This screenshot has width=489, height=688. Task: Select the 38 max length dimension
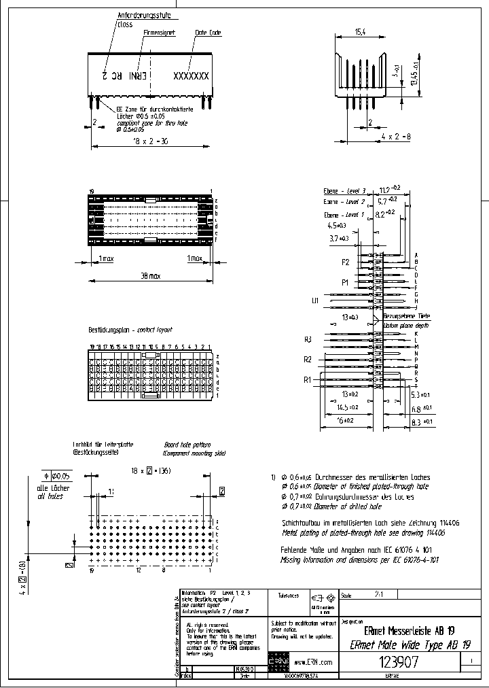click(151, 277)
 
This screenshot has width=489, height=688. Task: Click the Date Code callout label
click(208, 32)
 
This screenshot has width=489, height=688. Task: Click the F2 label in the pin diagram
click(346, 261)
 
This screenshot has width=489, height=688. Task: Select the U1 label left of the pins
click(315, 300)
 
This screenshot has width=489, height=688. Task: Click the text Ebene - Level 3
click(344, 192)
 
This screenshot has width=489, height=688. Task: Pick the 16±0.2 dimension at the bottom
click(346, 421)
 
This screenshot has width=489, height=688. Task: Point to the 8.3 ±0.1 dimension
click(422, 422)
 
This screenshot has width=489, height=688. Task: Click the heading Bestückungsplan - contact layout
click(130, 330)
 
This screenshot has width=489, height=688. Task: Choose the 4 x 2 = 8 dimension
click(395, 137)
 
